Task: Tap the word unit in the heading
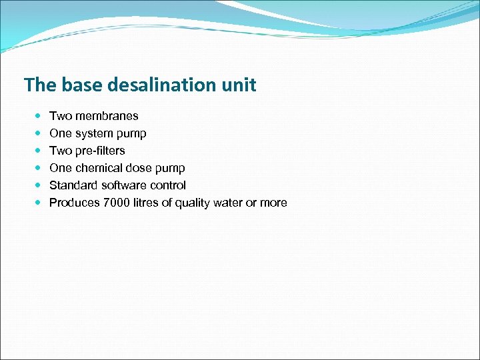pos(240,85)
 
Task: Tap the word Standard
pos(73,185)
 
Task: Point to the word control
pos(169,185)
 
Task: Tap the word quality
pos(193,203)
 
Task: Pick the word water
pos(228,203)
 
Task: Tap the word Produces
pos(75,203)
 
